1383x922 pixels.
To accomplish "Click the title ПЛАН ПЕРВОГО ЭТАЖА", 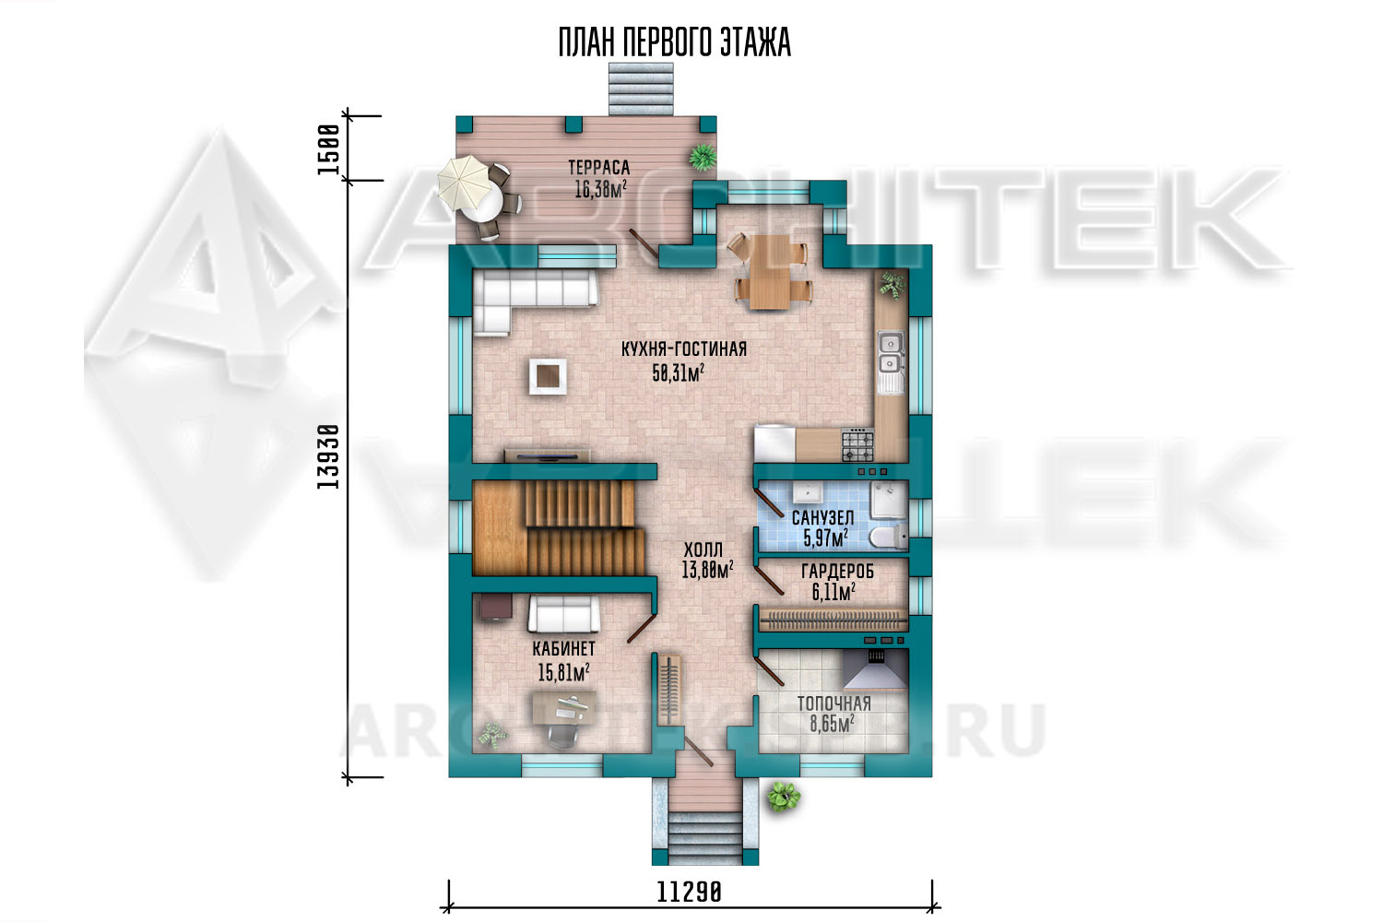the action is pos(674,42).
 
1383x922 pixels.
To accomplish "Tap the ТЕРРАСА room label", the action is pos(599,168).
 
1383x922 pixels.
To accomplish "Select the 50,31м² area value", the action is pos(679,373).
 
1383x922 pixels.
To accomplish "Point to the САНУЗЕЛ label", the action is pos(823,517).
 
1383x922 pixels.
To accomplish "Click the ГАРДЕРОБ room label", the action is pos(838,572).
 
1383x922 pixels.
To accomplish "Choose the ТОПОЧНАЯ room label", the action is pos(834,704).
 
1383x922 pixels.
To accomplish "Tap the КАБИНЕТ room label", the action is pos(563,648).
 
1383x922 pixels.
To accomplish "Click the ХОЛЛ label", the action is pos(703,550).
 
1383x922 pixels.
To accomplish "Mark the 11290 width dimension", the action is pos(689,892).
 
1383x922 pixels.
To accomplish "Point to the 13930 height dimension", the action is pos(328,456).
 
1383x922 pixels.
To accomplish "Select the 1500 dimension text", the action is pos(328,149).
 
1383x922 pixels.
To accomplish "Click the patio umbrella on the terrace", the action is pos(466,183).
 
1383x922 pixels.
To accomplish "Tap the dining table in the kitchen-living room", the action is pos(769,271).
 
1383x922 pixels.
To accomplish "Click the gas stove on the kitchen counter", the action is pos(857,445).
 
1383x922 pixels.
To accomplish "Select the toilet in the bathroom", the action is pos(889,537).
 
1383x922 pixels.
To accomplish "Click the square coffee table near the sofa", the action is pos(548,376).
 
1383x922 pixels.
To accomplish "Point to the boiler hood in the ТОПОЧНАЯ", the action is pos(876,669).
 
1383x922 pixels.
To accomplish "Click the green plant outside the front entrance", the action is pos(784,797).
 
